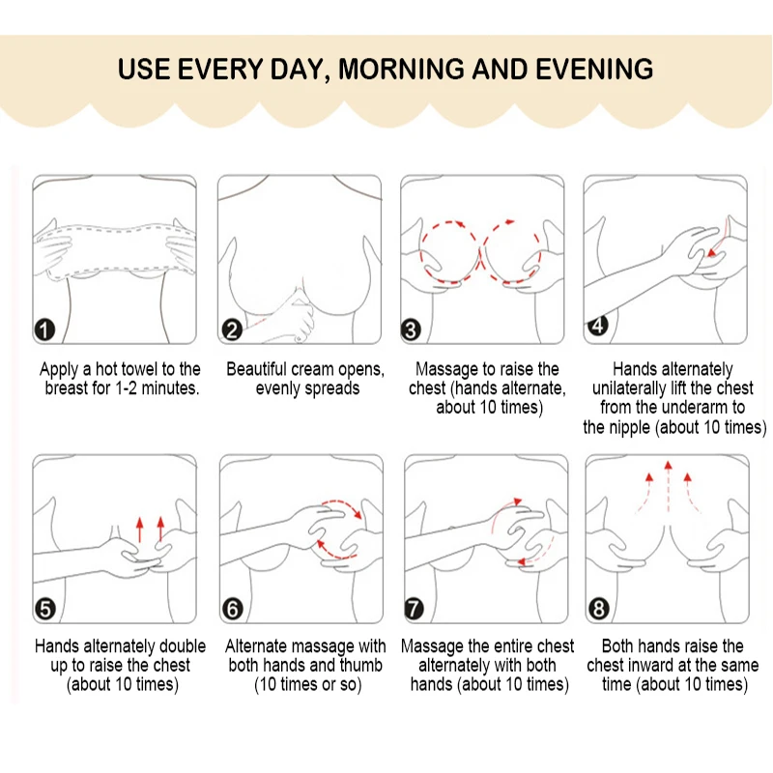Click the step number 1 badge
point(44,329)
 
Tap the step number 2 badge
point(232,329)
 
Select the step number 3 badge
point(412,329)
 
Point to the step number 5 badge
point(44,610)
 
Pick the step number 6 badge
point(233,610)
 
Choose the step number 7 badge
point(415,610)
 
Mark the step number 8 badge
point(599,610)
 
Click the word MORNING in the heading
point(401,69)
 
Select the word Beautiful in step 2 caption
point(255,369)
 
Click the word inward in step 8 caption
point(653,665)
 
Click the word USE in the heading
point(143,69)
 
